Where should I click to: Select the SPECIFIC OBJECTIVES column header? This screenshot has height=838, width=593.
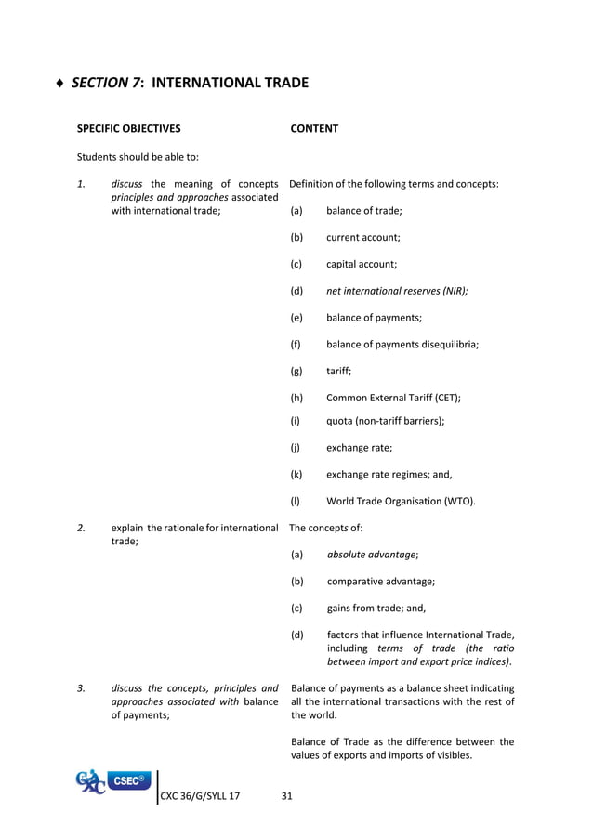[128, 129]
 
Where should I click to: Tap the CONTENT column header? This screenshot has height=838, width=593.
[314, 129]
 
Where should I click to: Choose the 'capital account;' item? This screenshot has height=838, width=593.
[362, 264]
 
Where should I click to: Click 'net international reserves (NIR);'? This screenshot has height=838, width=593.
[397, 291]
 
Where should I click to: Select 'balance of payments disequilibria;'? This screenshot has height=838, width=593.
[402, 344]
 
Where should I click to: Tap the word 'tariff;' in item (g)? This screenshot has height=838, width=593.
[339, 371]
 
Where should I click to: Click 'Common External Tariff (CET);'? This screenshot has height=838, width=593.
[393, 397]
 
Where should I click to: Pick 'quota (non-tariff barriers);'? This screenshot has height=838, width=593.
[385, 420]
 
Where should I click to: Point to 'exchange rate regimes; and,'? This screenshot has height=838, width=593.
[389, 474]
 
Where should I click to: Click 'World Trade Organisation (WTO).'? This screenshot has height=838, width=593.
[402, 502]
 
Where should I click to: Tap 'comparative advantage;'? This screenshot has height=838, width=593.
[380, 582]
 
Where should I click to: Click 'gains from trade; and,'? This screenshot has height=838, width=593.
[376, 609]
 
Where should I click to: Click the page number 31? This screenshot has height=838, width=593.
[286, 795]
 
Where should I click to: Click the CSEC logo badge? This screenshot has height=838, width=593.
[131, 781]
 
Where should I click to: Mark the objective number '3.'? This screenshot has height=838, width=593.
[82, 688]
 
